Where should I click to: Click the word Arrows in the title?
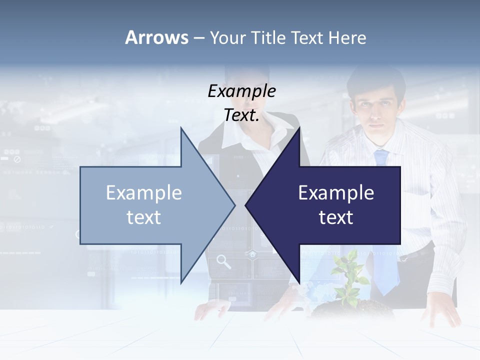coord(156,37)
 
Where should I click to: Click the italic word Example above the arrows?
coord(241,91)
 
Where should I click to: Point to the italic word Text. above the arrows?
coord(241,115)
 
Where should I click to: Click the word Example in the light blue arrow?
coord(144,193)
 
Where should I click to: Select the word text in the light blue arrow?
coord(144,217)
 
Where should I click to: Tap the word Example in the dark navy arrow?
coord(336,193)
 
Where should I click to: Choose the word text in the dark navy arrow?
coord(336,217)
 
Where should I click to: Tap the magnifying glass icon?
coord(223,261)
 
